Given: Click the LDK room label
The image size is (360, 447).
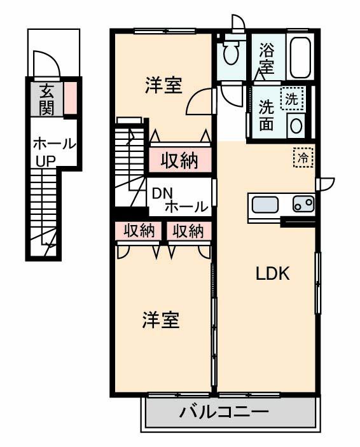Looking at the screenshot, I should pyautogui.click(x=273, y=275).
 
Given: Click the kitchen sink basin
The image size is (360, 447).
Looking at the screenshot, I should pyautogui.click(x=265, y=205).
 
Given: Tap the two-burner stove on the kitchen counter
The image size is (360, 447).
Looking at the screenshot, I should pyautogui.click(x=303, y=204).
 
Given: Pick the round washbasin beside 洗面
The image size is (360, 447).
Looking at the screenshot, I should pyautogui.click(x=296, y=125).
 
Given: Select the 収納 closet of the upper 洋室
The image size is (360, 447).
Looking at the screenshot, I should pyautogui.click(x=179, y=160).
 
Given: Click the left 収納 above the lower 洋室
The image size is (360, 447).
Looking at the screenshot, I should pyautogui.click(x=139, y=231).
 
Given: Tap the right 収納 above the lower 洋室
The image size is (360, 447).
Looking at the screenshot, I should pyautogui.click(x=188, y=231).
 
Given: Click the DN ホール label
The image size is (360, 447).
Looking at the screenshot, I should pyautogui.click(x=179, y=200).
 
